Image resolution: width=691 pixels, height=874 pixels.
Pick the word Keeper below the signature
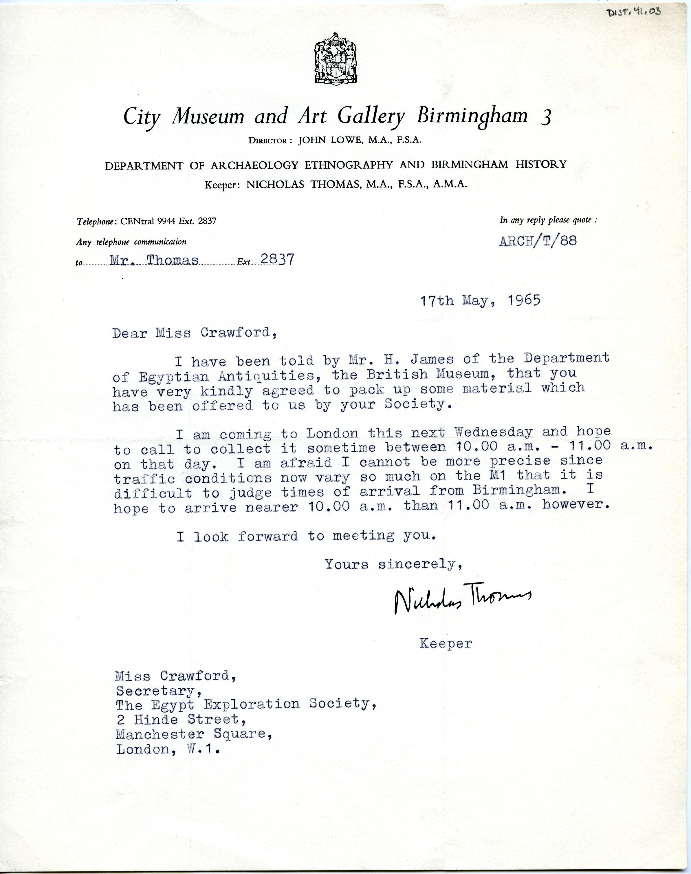(446, 643)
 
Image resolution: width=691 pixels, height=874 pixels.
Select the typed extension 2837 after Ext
(278, 259)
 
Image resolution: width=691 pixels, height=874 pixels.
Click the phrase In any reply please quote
(548, 220)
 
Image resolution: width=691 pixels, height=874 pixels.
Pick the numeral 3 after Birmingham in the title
(546, 118)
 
